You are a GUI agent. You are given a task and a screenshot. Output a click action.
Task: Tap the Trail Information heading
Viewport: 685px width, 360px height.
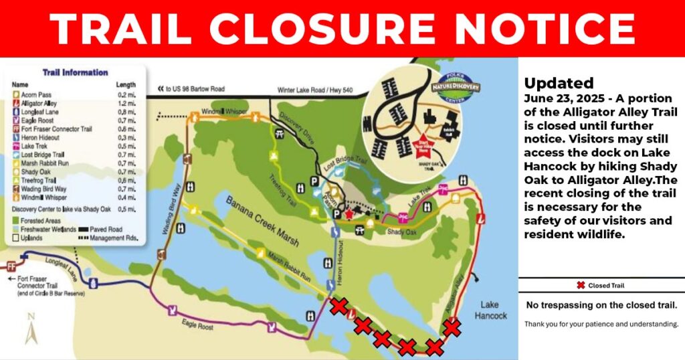[74, 72]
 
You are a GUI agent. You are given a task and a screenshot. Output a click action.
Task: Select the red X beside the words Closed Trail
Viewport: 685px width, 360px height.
[581, 286]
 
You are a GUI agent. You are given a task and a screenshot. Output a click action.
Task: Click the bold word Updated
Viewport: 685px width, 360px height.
[559, 84]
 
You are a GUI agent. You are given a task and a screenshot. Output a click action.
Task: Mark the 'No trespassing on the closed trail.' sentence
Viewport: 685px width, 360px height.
[601, 305]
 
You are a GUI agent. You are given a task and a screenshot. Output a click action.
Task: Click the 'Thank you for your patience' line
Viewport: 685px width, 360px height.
[601, 325]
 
